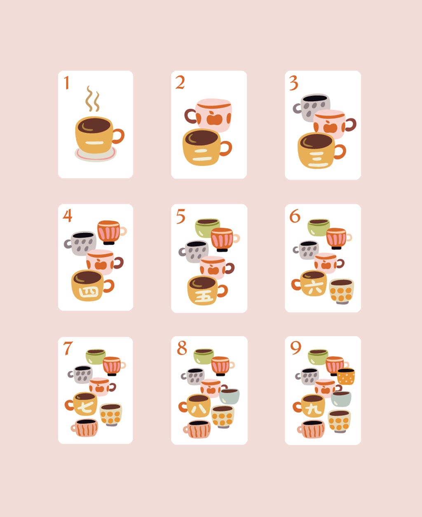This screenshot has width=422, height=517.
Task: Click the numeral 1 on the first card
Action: (66, 83)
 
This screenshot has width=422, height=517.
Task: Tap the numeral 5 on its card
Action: (181, 216)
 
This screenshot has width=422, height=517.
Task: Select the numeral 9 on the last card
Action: (295, 348)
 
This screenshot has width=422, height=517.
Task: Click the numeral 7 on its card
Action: (68, 349)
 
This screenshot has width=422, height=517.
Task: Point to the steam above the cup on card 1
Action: (92, 98)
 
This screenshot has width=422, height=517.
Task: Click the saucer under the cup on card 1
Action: (96, 154)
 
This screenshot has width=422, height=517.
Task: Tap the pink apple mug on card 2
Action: (209, 115)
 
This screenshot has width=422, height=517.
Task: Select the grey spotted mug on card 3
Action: (312, 108)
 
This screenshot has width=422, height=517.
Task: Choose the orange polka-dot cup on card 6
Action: (341, 291)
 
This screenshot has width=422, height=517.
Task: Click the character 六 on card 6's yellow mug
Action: (313, 288)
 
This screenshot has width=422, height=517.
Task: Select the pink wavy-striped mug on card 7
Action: (84, 428)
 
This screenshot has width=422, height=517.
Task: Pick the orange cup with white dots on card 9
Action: (346, 376)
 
